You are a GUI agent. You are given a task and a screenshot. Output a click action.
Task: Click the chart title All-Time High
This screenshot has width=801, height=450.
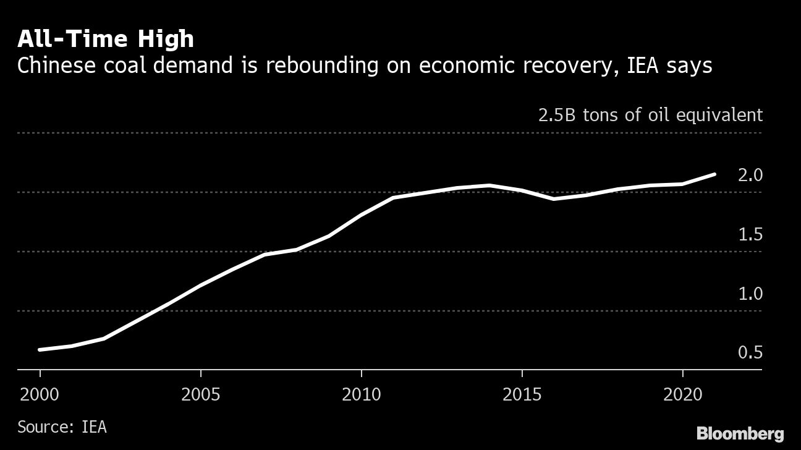point(106,39)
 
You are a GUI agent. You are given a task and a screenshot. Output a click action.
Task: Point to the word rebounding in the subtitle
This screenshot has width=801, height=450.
point(307,66)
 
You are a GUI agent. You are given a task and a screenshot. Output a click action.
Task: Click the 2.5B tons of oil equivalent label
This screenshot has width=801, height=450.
point(650,116)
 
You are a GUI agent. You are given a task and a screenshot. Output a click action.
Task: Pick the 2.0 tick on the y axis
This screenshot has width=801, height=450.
point(750,176)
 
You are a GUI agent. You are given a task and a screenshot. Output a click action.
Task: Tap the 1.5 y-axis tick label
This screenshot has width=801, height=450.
point(750,235)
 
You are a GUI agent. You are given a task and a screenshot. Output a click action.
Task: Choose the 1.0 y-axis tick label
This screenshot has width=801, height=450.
point(750,294)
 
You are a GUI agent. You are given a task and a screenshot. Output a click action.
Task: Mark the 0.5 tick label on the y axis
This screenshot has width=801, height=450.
point(750,353)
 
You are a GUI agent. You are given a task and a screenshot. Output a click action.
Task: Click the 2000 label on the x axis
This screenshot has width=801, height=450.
point(40,394)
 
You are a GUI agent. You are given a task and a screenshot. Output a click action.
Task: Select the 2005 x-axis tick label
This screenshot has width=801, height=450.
point(201,394)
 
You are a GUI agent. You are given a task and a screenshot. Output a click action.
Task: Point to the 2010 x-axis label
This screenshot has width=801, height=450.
point(362,394)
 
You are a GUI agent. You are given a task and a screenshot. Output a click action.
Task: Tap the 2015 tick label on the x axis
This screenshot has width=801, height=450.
point(522,394)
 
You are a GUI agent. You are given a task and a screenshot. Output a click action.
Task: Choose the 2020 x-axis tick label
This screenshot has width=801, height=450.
point(682,394)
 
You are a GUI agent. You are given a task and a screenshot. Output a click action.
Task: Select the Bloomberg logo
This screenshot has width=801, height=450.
point(740,433)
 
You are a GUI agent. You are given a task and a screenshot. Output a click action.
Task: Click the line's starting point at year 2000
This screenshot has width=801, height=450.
point(40,350)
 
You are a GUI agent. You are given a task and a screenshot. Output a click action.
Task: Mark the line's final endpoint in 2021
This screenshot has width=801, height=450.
point(714,174)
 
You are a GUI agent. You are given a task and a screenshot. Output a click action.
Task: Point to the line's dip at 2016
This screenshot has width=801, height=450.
point(554,199)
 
